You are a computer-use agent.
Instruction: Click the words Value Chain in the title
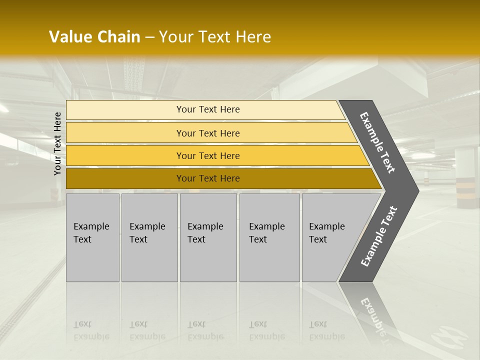pyautogui.click(x=94, y=37)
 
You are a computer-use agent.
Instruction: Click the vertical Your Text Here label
pyautogui.click(x=58, y=143)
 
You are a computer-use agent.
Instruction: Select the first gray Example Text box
pyautogui.click(x=92, y=237)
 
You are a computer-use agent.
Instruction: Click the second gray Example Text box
pyautogui.click(x=149, y=237)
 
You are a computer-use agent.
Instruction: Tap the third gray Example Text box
pyautogui.click(x=208, y=237)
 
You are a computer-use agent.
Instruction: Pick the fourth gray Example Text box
pyautogui.click(x=269, y=237)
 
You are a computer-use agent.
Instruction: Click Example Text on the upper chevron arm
pyautogui.click(x=377, y=142)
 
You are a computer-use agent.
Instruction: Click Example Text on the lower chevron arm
pyautogui.click(x=378, y=236)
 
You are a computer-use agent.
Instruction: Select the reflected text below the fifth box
pyautogui.click(x=326, y=330)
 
